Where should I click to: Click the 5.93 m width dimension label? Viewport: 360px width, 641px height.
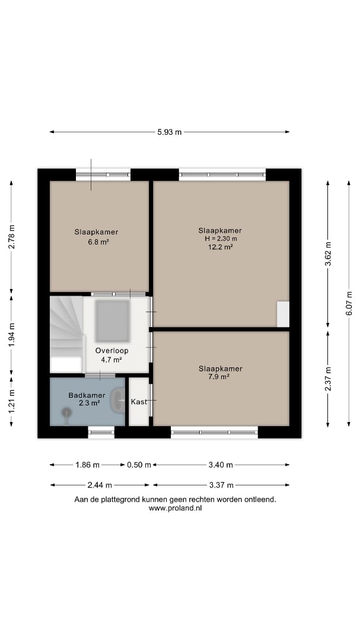pos(170,132)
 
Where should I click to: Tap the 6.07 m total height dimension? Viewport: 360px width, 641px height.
pos(349,303)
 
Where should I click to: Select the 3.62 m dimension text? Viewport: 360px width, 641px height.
pos(328,254)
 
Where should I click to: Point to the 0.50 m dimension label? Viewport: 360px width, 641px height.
pos(139,465)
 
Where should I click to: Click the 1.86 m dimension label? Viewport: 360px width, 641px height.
pos(87,465)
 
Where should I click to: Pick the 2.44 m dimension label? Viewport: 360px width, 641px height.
pos(100,485)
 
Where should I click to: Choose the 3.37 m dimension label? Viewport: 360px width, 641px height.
pos(221,485)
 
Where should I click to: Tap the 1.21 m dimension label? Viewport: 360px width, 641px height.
pos(11,401)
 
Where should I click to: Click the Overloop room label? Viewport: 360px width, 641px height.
pos(112,350)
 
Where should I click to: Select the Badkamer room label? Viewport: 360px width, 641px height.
pos(87,395)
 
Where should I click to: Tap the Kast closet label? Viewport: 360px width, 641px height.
pos(139,402)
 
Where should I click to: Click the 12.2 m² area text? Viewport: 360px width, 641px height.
pos(220,246)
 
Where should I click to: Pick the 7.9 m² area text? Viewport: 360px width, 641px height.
pos(219,377)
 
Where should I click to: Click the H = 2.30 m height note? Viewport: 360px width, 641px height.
pos(220,239)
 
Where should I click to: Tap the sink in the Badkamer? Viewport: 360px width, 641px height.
pos(119,399)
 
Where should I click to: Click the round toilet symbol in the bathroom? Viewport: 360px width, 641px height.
pos(66,413)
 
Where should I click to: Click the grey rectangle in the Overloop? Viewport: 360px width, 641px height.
pos(112,321)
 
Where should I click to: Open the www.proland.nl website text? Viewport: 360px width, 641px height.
pos(176,508)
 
